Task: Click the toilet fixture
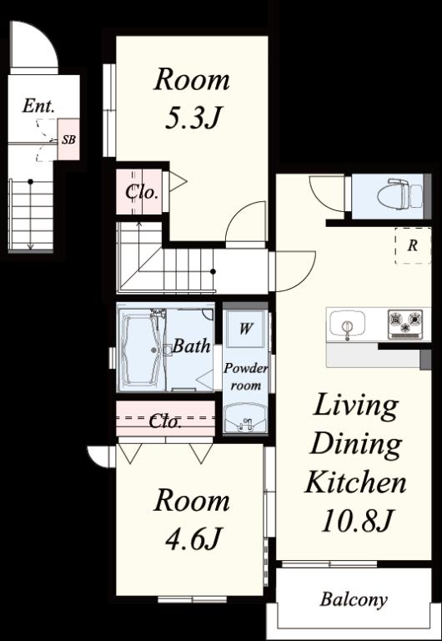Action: (400, 195)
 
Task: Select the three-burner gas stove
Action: (405, 324)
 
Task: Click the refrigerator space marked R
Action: (413, 245)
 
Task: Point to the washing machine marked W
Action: (245, 328)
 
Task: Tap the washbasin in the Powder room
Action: (245, 418)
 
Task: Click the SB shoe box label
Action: (68, 139)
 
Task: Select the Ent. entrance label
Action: (39, 106)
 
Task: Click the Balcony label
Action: (354, 600)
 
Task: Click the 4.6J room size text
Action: (193, 539)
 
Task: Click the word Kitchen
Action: (355, 482)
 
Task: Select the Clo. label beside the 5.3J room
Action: (141, 192)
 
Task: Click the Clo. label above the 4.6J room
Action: (165, 421)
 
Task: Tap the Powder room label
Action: (245, 376)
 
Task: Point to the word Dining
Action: (356, 444)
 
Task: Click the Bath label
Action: (192, 346)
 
